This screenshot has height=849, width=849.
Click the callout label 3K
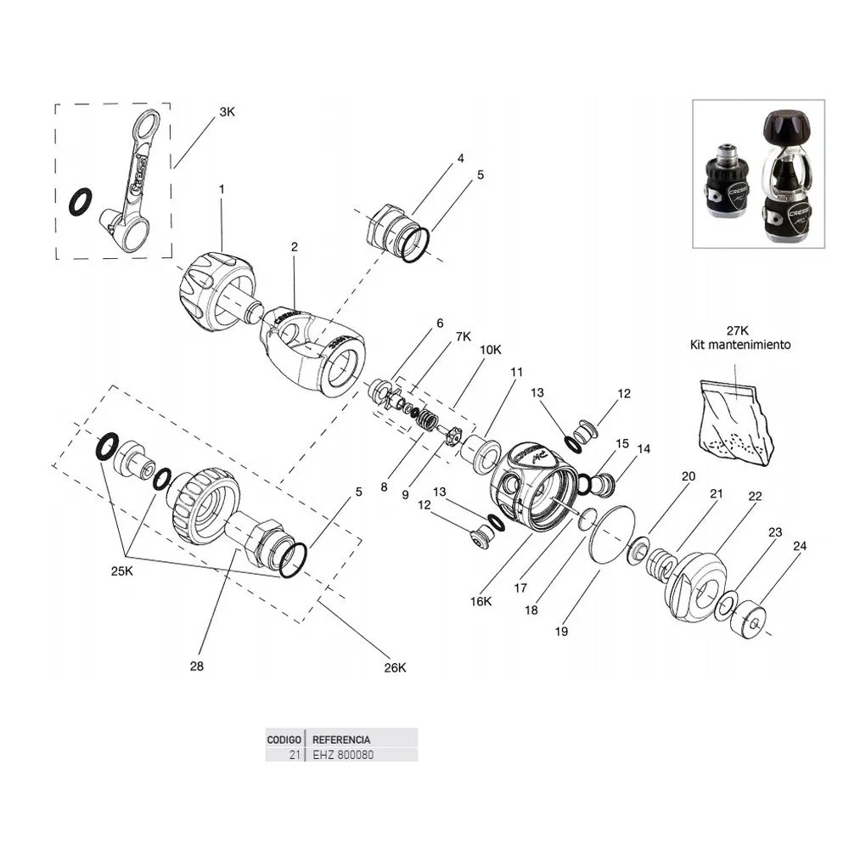pyautogui.click(x=227, y=111)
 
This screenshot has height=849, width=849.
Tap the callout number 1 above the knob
pyautogui.click(x=222, y=190)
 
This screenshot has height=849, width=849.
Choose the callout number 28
pyautogui.click(x=197, y=667)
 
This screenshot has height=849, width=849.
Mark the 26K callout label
pyautogui.click(x=395, y=667)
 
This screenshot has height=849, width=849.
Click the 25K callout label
pyautogui.click(x=122, y=571)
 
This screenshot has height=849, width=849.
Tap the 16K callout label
pyautogui.click(x=481, y=601)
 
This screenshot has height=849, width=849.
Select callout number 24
pyautogui.click(x=799, y=547)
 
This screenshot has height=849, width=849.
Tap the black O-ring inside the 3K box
pyautogui.click(x=82, y=202)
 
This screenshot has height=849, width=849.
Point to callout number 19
pyautogui.click(x=561, y=631)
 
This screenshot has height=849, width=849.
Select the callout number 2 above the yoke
pyautogui.click(x=294, y=247)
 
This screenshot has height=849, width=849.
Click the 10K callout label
pyautogui.click(x=490, y=349)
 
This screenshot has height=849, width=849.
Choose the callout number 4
pyautogui.click(x=460, y=158)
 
